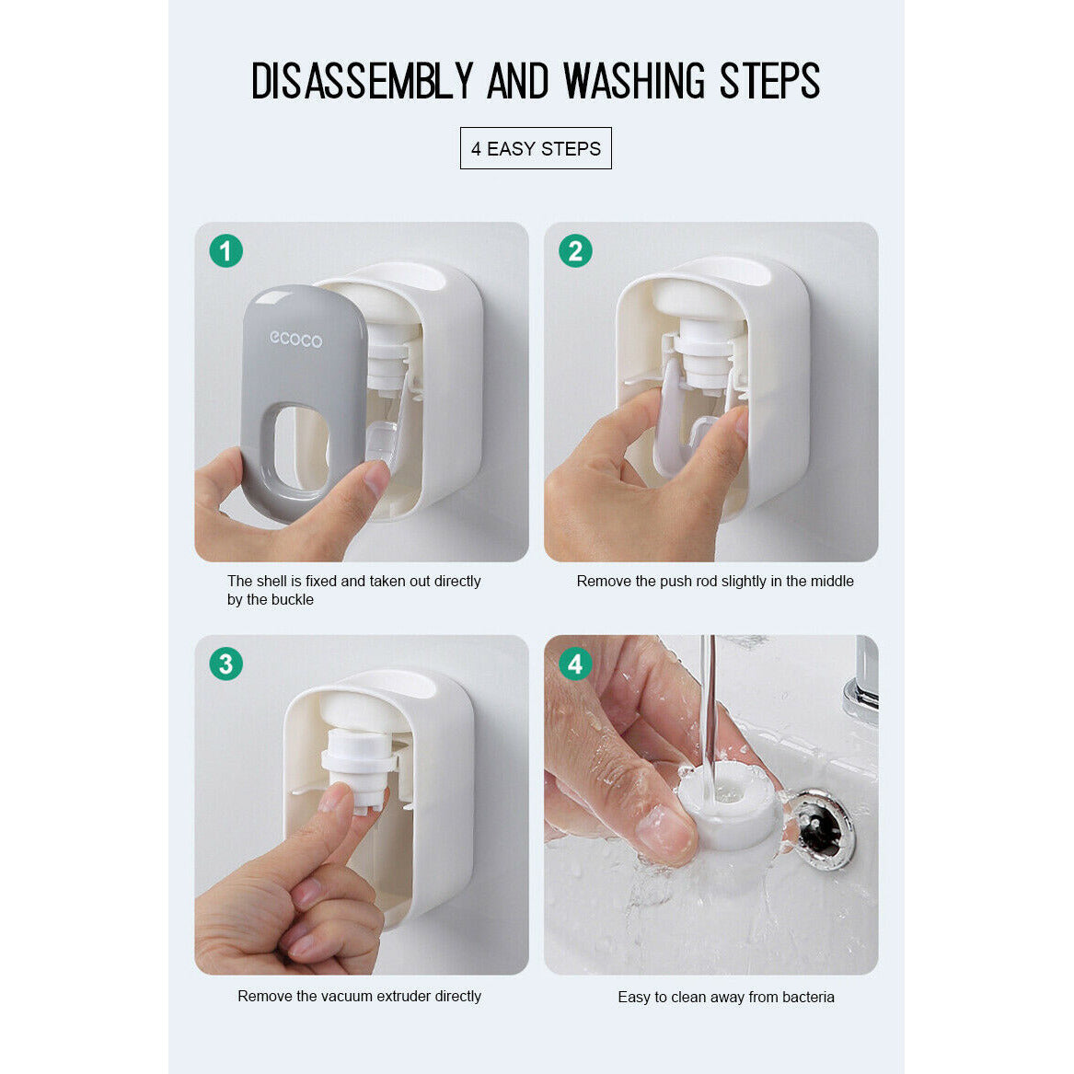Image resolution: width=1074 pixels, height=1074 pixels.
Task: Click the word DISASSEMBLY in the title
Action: (362, 81)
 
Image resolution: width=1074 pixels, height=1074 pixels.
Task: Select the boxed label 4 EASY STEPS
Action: (536, 148)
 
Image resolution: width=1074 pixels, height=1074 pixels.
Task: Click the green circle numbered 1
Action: (225, 250)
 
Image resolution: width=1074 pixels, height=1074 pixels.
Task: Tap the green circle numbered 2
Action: (575, 250)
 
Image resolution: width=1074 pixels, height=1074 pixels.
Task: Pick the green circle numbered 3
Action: (225, 664)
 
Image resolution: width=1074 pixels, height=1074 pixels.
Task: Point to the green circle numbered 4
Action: (575, 664)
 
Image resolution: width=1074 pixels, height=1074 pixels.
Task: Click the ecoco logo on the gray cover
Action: (295, 339)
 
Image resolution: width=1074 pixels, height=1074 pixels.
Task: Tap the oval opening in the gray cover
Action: (300, 448)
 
